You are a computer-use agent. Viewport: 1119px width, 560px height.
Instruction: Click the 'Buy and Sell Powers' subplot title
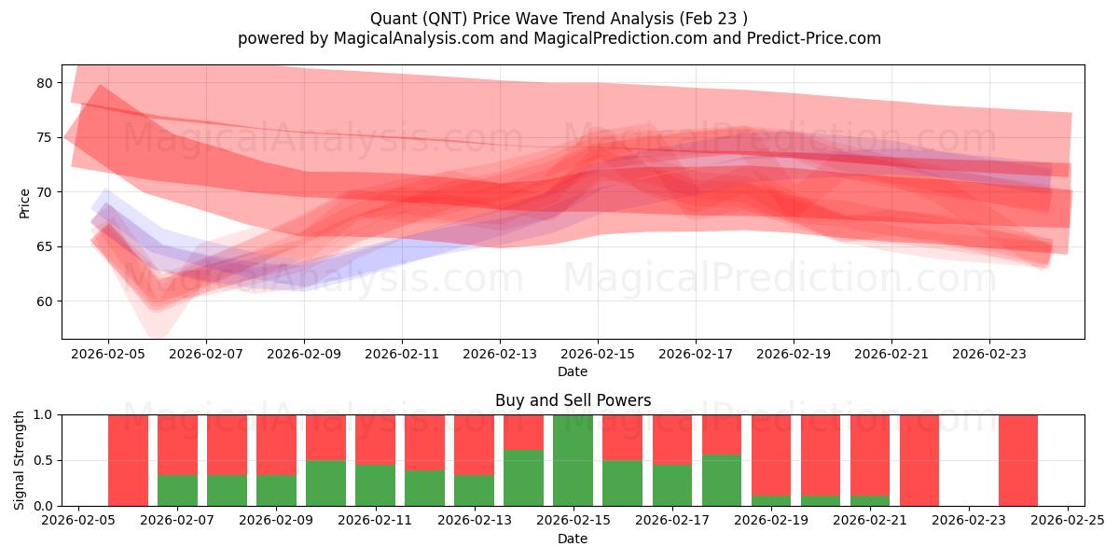573,400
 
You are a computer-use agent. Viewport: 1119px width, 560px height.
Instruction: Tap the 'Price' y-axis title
25,202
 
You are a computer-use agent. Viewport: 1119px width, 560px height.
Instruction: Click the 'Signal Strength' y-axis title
20,460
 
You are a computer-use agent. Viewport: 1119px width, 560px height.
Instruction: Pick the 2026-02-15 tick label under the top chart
598,355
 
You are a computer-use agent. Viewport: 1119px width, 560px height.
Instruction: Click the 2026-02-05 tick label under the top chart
108,355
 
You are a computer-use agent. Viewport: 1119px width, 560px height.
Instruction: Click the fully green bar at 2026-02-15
573,460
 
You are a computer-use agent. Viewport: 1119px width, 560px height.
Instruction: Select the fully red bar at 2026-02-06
128,460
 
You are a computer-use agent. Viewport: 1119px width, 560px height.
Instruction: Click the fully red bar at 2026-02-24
1017,460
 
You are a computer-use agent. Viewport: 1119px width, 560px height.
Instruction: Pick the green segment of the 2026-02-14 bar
523,478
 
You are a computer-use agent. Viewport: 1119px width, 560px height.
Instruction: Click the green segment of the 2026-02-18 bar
721,480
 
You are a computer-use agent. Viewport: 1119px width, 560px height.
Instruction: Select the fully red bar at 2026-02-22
919,460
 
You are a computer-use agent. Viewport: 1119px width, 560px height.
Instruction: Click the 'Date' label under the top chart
573,371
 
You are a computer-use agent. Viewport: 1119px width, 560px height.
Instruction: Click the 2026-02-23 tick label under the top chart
989,355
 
